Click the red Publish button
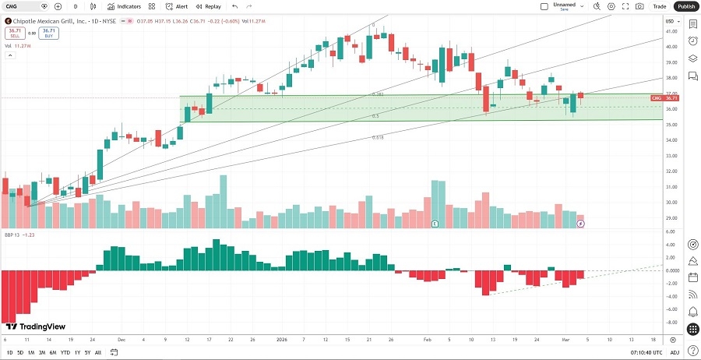(x=685, y=6)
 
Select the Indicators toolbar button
(x=124, y=6)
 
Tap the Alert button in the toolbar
(x=177, y=6)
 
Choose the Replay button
(x=210, y=6)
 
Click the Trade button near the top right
(x=660, y=6)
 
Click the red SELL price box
(x=14, y=33)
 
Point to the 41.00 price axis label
(x=670, y=31)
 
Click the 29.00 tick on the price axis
(x=670, y=218)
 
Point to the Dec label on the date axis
(x=122, y=340)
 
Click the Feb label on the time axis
(x=428, y=340)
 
